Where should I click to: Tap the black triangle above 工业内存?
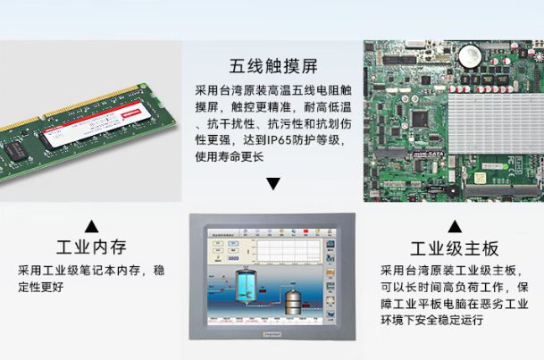pyautogui.click(x=90, y=224)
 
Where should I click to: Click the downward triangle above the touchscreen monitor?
pyautogui.click(x=272, y=184)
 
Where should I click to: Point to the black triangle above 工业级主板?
pyautogui.click(x=454, y=225)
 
